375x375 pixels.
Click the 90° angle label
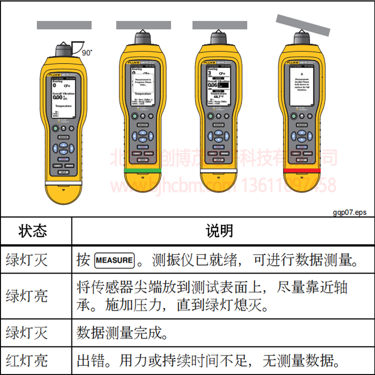point(87,51)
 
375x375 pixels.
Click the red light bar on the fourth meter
point(301,170)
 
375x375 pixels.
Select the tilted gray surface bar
point(303,24)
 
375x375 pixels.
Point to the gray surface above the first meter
point(64,24)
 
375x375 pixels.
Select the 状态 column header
point(33,230)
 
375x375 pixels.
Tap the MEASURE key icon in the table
point(114,260)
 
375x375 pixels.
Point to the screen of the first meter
point(63,98)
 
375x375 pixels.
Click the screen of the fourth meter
point(301,84)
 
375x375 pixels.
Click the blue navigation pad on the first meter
point(63,148)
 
